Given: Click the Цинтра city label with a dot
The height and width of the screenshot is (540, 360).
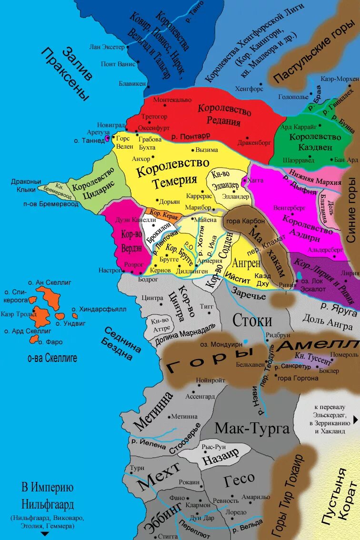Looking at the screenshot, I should tap(152, 298).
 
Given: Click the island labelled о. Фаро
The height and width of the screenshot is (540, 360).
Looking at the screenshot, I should tap(34, 340).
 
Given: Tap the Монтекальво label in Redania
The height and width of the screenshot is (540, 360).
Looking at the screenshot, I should tap(172, 100).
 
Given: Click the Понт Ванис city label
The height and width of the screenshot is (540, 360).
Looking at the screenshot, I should tap(116, 63).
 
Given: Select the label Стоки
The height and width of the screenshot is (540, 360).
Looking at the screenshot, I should tap(252, 320).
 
